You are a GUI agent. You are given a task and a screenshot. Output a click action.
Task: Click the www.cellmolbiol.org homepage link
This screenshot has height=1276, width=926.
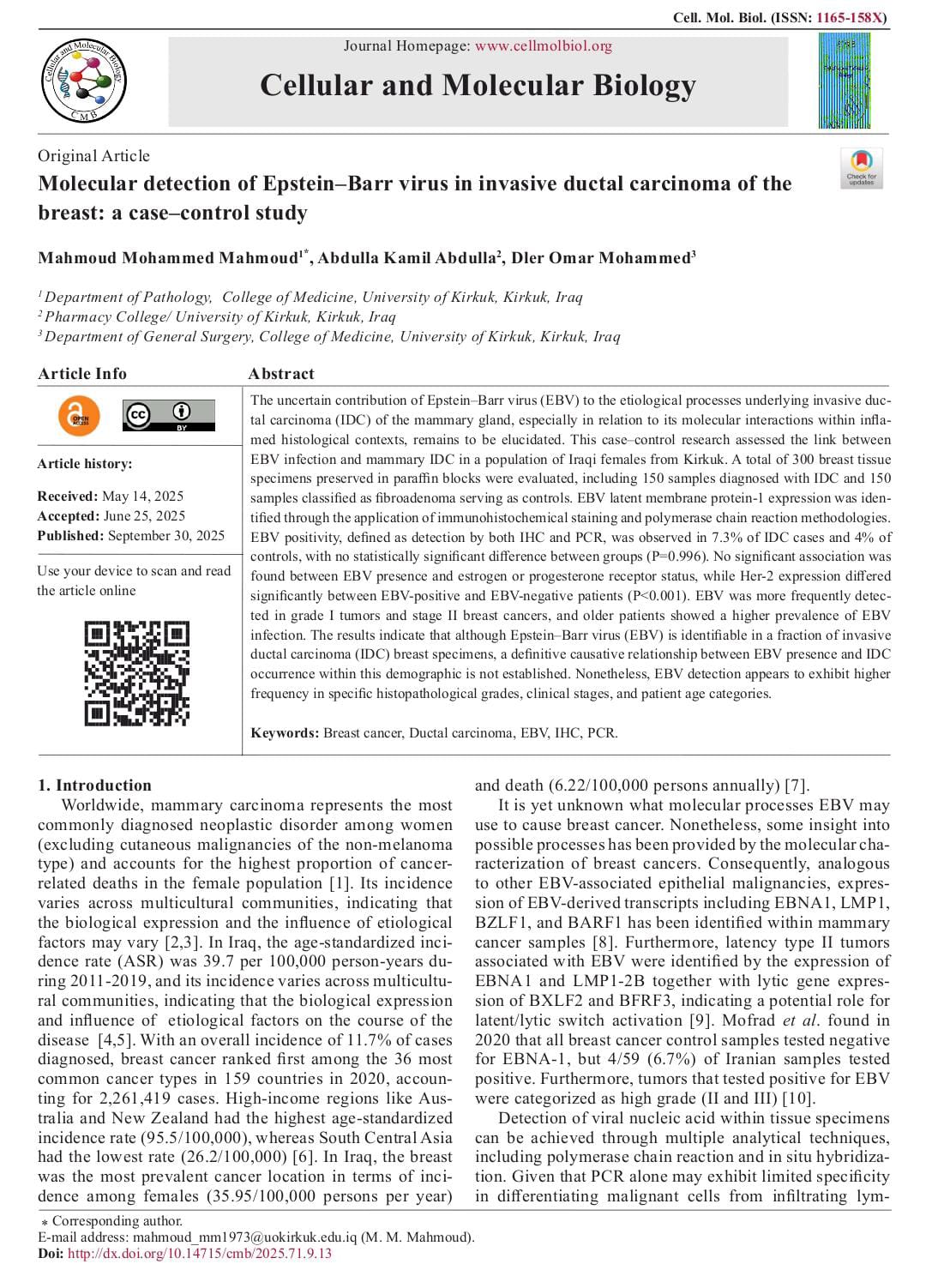[x=543, y=46]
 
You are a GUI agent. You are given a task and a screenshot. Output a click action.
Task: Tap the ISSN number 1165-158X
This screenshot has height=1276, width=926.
[x=851, y=17]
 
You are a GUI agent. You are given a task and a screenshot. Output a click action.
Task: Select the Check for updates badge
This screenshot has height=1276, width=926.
[x=861, y=168]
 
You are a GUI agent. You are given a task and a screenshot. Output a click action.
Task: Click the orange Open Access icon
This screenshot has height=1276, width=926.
[x=79, y=416]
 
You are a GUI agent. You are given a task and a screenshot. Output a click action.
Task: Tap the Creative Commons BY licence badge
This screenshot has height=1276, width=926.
[x=169, y=416]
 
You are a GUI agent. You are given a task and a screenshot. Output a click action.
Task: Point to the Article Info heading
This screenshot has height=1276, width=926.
[x=82, y=374]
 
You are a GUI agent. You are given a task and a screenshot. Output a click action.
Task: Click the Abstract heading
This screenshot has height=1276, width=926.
[x=281, y=374]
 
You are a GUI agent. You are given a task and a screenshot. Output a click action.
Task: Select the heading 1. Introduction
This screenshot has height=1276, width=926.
[x=94, y=785]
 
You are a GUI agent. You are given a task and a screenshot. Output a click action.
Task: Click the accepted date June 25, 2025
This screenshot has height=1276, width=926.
[x=145, y=516]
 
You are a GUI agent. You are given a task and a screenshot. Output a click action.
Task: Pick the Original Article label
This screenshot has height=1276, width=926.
[x=93, y=156]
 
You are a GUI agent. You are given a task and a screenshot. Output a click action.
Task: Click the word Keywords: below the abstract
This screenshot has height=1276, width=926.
[x=285, y=733]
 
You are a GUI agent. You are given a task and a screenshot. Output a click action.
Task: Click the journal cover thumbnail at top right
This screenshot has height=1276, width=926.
[x=844, y=81]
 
